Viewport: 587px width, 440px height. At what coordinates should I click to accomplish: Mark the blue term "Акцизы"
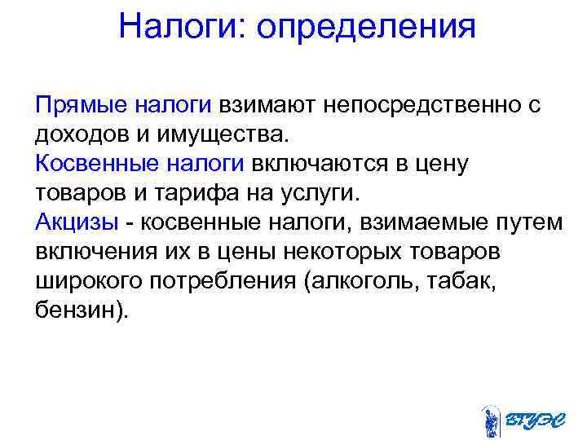pos(76,222)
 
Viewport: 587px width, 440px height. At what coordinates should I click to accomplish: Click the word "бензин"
pos(78,310)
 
